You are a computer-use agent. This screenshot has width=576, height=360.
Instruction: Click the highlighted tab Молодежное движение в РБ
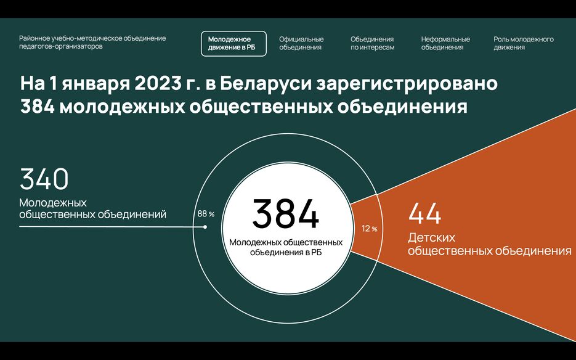pos(233,43)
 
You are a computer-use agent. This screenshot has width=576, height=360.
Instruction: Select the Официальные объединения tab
pos(301,43)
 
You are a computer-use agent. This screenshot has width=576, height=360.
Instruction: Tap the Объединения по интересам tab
pos(372,43)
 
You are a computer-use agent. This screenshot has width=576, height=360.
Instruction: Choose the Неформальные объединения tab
pos(445,43)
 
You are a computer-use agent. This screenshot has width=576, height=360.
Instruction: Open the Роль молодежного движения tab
pos(524,43)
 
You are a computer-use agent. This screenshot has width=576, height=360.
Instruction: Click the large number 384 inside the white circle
pos(286,214)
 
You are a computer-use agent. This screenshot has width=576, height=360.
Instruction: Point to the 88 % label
pos(206,214)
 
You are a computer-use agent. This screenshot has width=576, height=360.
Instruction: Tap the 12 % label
pos(370,229)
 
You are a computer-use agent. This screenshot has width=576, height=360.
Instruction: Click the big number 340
pos(44,179)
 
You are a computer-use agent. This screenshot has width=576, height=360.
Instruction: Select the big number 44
pos(424,213)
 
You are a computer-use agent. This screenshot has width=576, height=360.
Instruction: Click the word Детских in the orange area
pos(432,237)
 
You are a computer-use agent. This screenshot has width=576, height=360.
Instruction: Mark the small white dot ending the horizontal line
pos(205,227)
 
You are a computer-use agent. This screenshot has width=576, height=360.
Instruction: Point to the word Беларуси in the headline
pos(266,83)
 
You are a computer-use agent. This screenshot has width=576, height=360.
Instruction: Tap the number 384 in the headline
pos(38,107)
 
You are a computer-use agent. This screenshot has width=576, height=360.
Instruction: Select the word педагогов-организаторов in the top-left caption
pos(61,47)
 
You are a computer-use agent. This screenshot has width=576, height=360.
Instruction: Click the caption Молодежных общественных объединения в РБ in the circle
pos(286,247)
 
